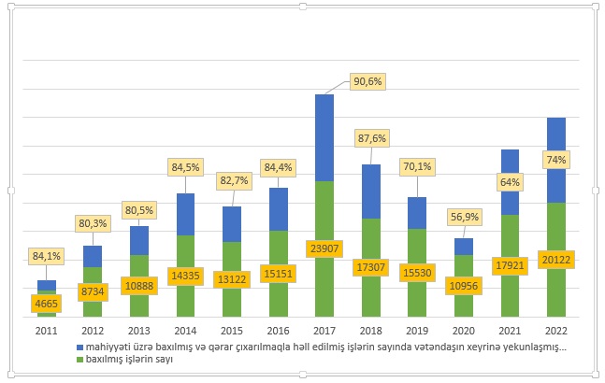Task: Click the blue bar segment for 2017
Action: point(324,137)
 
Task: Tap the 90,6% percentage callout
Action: point(367,81)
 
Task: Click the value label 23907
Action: point(324,249)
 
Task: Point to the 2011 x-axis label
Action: point(47,330)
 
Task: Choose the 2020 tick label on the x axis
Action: point(465,330)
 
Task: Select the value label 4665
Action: point(47,303)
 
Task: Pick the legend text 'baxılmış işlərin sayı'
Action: point(130,358)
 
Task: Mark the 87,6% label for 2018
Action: point(371,138)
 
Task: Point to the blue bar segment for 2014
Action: point(185,214)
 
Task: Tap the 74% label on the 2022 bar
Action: point(557,160)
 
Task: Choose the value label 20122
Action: point(557,260)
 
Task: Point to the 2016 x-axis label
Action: point(279,330)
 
